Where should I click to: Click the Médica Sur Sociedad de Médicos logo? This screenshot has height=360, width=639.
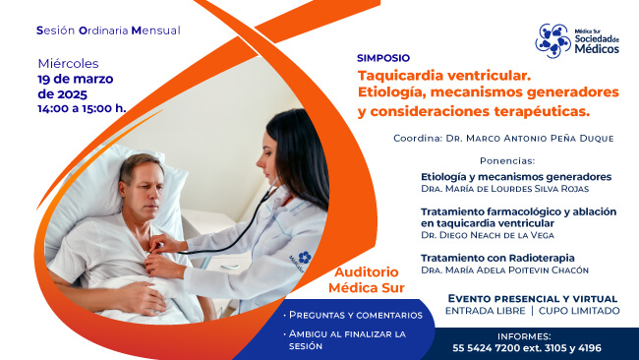tap(580, 40)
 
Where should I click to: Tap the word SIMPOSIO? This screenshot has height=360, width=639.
tap(383, 58)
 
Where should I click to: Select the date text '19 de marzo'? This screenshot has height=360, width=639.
tap(75, 79)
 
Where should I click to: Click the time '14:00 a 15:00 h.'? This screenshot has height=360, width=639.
tap(82, 108)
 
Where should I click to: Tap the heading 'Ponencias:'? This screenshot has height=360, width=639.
tap(506, 160)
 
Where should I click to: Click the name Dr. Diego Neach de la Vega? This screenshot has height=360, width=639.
tap(487, 235)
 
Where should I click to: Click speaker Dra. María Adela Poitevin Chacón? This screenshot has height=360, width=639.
tap(504, 270)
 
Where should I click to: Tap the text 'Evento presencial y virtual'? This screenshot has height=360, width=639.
tap(533, 298)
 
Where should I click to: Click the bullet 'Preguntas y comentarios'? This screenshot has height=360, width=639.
tap(355, 315)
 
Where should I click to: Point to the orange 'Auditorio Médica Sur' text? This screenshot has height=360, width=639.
tap(367, 279)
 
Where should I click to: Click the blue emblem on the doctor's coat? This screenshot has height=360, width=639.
tap(305, 258)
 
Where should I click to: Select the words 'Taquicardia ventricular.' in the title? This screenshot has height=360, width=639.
tap(443, 75)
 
